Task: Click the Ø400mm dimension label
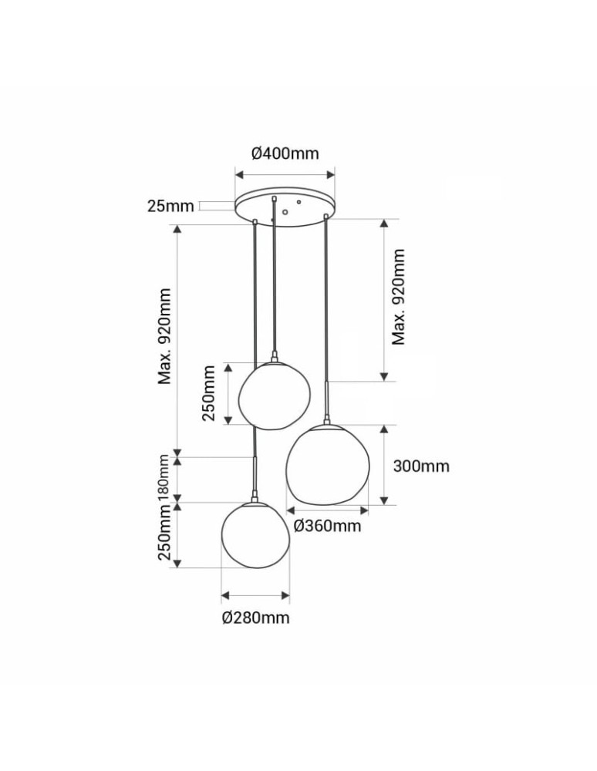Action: [x=285, y=153]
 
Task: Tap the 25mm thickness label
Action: [x=170, y=206]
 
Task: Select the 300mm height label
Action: [x=421, y=466]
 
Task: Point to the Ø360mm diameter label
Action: [x=328, y=526]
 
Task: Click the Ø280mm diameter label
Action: [x=256, y=618]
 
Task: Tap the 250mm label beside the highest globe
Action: [x=208, y=393]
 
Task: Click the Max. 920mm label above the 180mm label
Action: [x=164, y=336]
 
